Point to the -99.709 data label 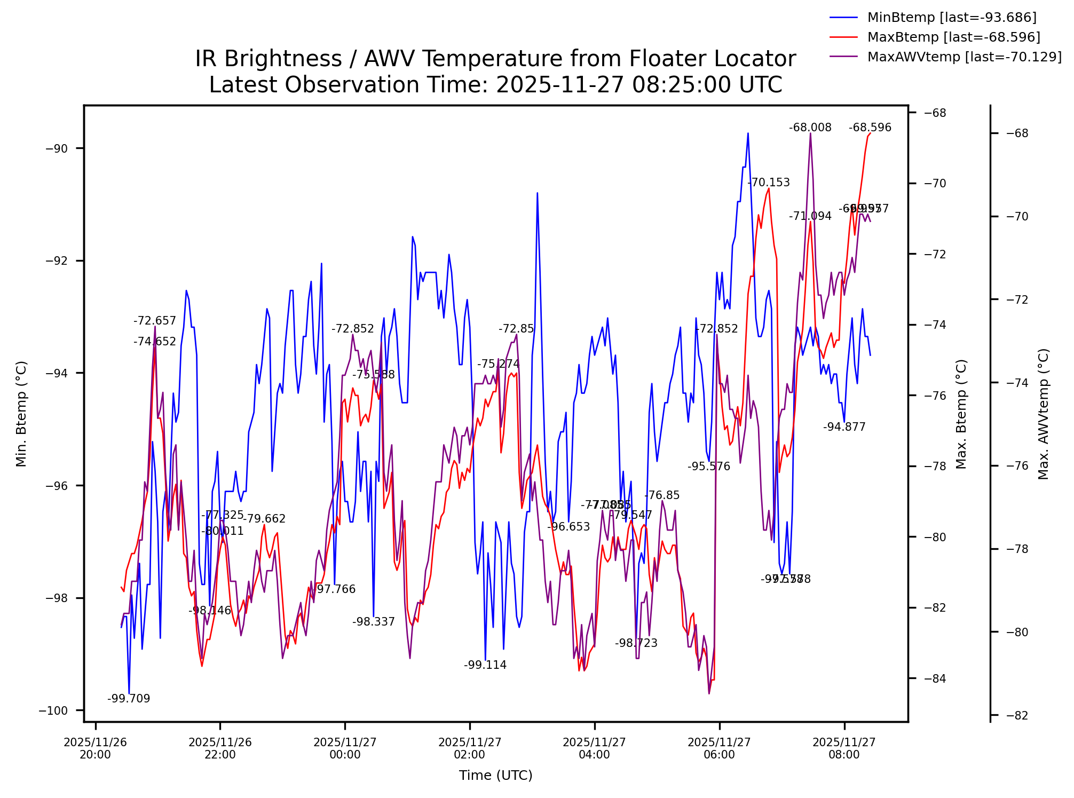[129, 699]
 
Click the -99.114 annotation [485, 665]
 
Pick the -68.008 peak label [810, 128]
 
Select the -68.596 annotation [870, 128]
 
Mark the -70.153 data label [769, 183]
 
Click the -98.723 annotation [636, 643]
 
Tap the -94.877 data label [844, 427]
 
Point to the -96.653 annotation [568, 527]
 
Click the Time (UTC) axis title [496, 776]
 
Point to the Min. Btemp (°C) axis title [21, 414]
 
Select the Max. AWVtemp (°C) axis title [1044, 414]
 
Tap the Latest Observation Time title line [495, 85]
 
